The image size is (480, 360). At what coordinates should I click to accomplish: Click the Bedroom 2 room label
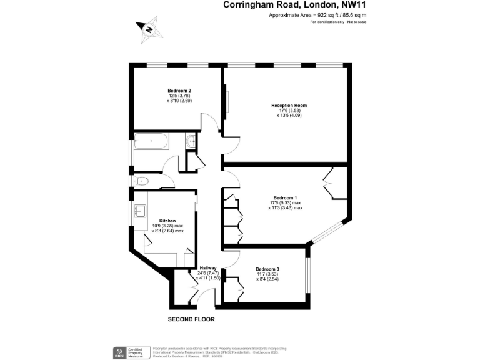click(x=178, y=89)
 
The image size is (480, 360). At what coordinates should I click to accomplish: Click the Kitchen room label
click(x=167, y=221)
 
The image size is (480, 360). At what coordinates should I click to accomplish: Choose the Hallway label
click(x=208, y=268)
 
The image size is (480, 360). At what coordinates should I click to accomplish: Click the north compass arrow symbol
click(x=149, y=29)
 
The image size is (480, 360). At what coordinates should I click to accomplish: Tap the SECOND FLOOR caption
click(x=191, y=319)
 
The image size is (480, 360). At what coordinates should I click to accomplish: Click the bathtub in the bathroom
click(x=151, y=141)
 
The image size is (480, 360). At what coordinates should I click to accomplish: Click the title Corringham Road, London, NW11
click(x=294, y=5)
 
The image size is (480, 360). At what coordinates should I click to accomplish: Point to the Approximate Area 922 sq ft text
click(x=317, y=15)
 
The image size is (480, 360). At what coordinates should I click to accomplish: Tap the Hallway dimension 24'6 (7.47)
click(x=208, y=273)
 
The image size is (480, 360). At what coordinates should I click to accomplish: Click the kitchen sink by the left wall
click(x=139, y=211)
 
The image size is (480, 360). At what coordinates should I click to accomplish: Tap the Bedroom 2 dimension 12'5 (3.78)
click(x=178, y=94)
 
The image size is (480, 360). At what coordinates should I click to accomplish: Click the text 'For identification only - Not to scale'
click(x=338, y=22)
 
